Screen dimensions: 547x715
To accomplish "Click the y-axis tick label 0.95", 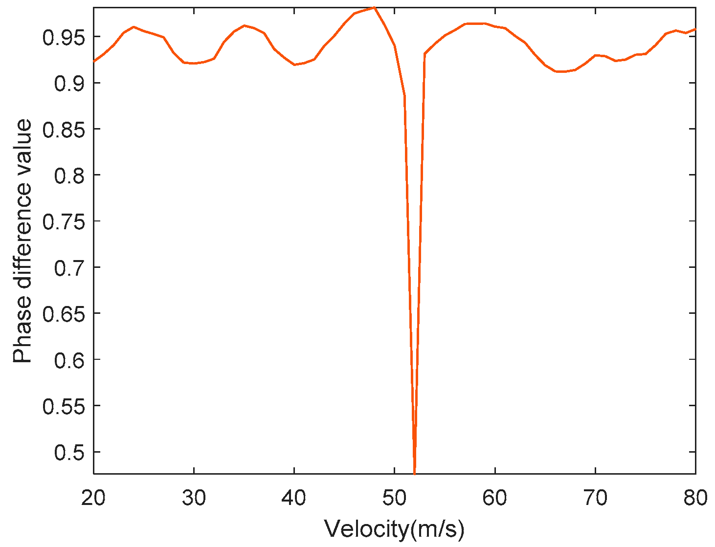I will (64, 37).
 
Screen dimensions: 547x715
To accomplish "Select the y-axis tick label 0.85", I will (64, 130).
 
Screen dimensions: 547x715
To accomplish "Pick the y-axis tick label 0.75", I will (64, 222).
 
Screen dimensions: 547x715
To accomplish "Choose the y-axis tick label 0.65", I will (64, 314).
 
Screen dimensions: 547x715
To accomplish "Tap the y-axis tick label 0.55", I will (64, 406).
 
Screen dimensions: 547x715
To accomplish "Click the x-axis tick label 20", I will (93, 498).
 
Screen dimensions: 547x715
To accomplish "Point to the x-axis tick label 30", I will (194, 498).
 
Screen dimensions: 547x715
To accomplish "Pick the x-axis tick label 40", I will (294, 498).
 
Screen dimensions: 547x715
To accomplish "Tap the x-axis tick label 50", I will (394, 498).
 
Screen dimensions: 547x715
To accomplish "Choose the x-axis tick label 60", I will (495, 498).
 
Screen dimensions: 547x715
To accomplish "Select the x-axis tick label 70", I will (595, 498).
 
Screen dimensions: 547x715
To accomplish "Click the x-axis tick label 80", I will (695, 498).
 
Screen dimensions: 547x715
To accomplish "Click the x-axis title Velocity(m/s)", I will (394, 529).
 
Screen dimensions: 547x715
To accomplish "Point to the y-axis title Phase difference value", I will (22, 241).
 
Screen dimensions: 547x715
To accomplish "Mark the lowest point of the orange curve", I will (415, 473).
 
